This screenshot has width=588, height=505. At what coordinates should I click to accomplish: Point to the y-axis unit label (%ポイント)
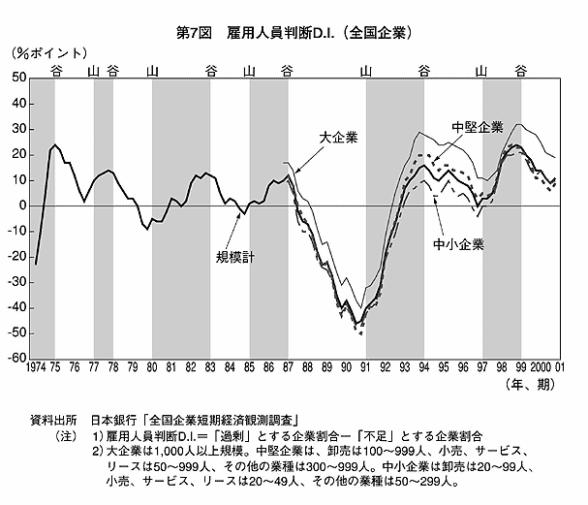point(49,54)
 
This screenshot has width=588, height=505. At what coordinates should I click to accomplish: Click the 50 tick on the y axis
point(19,79)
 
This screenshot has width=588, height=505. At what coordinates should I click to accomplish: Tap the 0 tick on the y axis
point(23,205)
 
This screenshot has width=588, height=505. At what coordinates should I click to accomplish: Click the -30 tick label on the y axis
point(16,282)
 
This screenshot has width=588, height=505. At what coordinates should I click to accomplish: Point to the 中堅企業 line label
point(477,127)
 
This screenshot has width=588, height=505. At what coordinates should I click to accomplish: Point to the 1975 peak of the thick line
point(54,145)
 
